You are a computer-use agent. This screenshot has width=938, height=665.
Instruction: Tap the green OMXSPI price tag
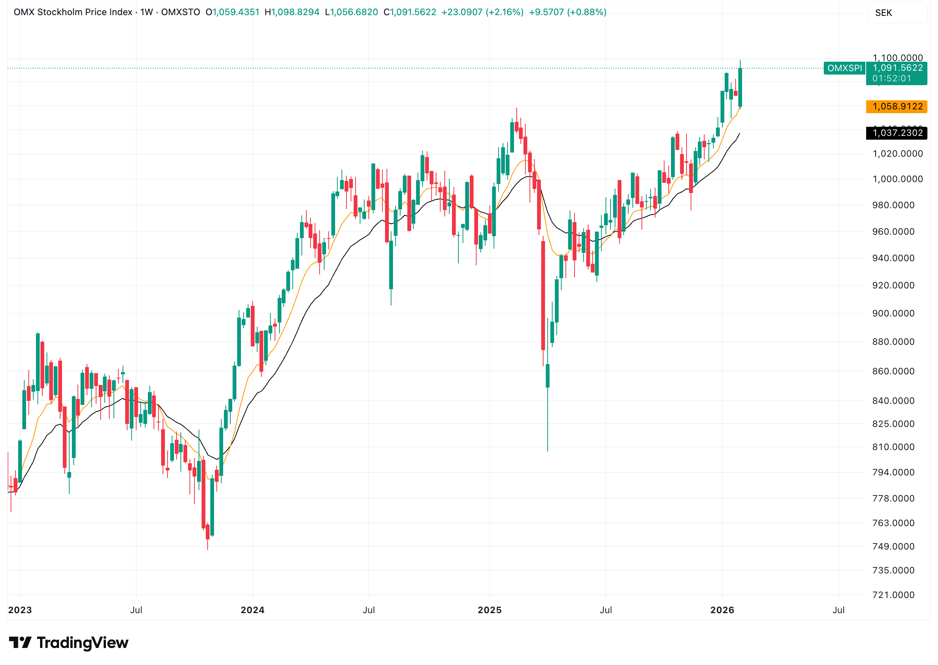coord(844,68)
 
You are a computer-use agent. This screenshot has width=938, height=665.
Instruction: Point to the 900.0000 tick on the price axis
coord(893,313)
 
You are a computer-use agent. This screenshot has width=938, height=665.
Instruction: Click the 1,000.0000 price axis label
coord(898,179)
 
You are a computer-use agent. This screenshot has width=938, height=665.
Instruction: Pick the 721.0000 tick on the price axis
coord(893,595)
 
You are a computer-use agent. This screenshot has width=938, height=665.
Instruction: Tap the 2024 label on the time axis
coord(252,610)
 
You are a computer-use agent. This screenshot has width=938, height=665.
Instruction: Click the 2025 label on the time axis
coord(489,610)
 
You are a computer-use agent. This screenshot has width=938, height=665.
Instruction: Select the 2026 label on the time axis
coord(722,610)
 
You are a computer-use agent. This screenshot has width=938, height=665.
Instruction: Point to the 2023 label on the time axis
coord(20,610)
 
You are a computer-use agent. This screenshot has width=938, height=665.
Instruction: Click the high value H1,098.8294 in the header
coord(291,12)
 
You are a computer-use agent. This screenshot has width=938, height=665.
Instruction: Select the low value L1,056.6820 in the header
coord(351,12)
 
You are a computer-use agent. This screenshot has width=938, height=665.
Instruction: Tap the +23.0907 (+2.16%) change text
coord(482,12)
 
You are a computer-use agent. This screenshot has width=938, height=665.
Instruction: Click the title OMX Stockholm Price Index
coord(73,12)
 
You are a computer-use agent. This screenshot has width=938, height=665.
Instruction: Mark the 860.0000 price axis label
coord(893,371)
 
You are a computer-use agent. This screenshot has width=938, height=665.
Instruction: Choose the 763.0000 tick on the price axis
coord(893,523)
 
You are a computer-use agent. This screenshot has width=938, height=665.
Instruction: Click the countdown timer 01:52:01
coord(891,78)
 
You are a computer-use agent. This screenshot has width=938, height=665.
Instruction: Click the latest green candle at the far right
coord(740,88)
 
